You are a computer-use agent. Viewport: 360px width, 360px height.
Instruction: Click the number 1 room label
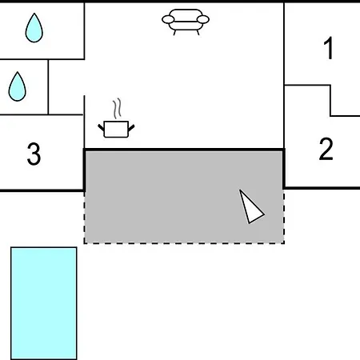(x=329, y=48)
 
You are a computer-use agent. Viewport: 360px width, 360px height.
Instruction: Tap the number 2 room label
(x=326, y=149)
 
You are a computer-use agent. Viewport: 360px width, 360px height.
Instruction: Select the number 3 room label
(x=34, y=154)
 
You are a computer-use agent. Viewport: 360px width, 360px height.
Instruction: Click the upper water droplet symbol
(x=34, y=28)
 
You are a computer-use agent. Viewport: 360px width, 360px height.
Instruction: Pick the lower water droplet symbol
(x=17, y=86)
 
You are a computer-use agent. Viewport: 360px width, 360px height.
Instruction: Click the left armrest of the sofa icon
(x=168, y=19)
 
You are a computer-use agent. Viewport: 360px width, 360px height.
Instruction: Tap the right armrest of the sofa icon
(x=203, y=19)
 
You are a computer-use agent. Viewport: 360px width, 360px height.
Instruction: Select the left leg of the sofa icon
(x=174, y=32)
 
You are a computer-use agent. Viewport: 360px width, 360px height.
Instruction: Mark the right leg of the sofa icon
(x=198, y=32)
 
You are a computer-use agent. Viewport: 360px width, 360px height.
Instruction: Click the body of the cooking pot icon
(x=116, y=130)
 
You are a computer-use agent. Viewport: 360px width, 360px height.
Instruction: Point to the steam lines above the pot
(x=117, y=109)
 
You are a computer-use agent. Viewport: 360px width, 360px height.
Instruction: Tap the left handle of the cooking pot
(x=101, y=127)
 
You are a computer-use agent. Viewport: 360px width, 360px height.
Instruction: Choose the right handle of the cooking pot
(x=131, y=128)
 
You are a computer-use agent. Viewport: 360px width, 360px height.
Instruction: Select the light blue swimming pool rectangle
(x=44, y=303)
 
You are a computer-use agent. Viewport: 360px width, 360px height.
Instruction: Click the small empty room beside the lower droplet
(x=66, y=87)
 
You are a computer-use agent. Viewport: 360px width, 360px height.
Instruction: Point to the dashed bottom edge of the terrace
(x=184, y=243)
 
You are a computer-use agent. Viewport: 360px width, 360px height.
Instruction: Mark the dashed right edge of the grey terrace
(x=283, y=216)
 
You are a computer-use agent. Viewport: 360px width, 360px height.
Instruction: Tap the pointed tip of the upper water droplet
(x=34, y=13)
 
